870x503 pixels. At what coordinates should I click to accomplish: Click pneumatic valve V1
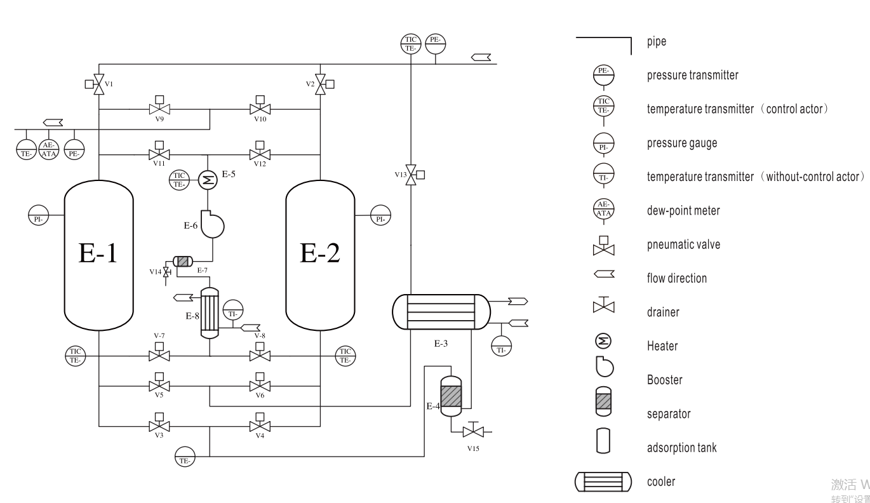pyautogui.click(x=99, y=83)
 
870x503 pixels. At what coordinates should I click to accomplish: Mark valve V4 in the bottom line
pyautogui.click(x=258, y=426)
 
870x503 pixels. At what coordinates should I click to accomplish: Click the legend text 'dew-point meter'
pyautogui.click(x=683, y=211)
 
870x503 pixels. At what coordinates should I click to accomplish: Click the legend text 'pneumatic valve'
pyautogui.click(x=683, y=245)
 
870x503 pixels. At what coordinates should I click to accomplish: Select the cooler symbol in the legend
pyautogui.click(x=603, y=482)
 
